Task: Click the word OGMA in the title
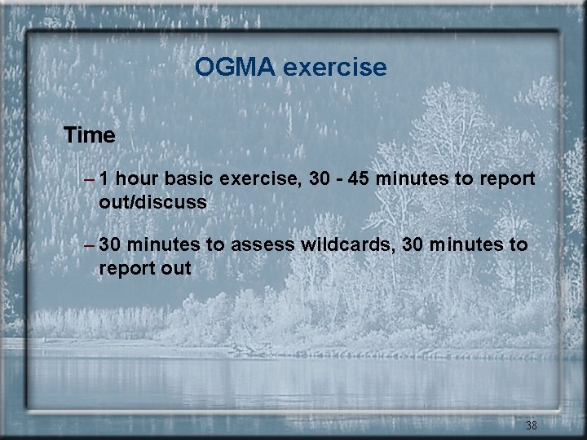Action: [236, 67]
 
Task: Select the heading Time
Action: [89, 135]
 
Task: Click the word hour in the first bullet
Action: [139, 178]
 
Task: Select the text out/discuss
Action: [152, 201]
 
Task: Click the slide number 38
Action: [531, 425]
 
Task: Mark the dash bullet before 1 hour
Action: [89, 179]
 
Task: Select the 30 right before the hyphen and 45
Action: [321, 178]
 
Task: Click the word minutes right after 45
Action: [417, 178]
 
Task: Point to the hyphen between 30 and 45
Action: [341, 179]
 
